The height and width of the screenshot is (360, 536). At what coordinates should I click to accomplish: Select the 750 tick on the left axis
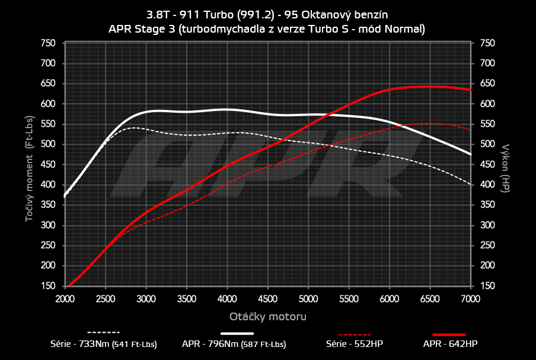[49, 43]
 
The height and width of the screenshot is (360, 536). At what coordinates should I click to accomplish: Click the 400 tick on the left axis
[49, 185]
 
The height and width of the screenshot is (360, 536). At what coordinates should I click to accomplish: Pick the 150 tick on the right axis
[487, 286]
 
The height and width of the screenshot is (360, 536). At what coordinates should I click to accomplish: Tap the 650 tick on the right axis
[487, 84]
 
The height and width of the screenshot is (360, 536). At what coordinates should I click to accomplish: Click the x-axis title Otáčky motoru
[268, 317]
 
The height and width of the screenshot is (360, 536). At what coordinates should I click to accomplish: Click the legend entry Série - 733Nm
[104, 343]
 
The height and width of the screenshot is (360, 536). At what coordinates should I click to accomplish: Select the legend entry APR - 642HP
[450, 343]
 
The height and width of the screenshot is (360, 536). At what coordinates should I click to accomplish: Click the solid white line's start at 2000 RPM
[66, 194]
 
